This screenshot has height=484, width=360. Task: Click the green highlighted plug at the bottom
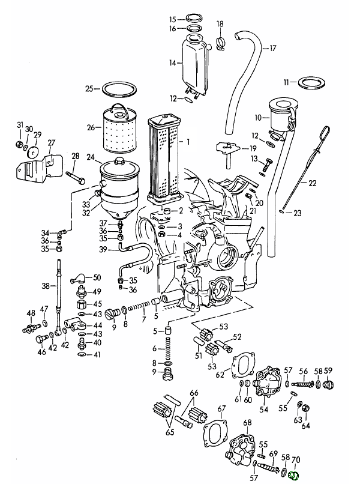click(294, 476)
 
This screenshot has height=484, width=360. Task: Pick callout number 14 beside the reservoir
click(172, 62)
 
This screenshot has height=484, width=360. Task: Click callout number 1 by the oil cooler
click(188, 142)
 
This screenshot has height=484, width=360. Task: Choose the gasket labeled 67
click(214, 432)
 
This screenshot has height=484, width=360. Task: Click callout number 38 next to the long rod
click(45, 287)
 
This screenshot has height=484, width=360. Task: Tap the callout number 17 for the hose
click(272, 49)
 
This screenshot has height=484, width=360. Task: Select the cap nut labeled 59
click(328, 384)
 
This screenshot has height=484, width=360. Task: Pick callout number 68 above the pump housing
click(247, 423)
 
